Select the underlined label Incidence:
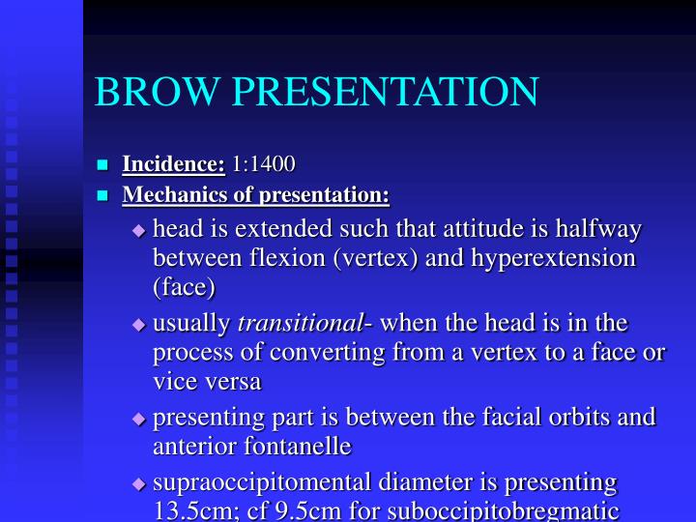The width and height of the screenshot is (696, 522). tap(173, 164)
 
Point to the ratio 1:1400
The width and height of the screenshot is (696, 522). tap(264, 164)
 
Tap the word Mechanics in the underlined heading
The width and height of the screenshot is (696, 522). tap(168, 195)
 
